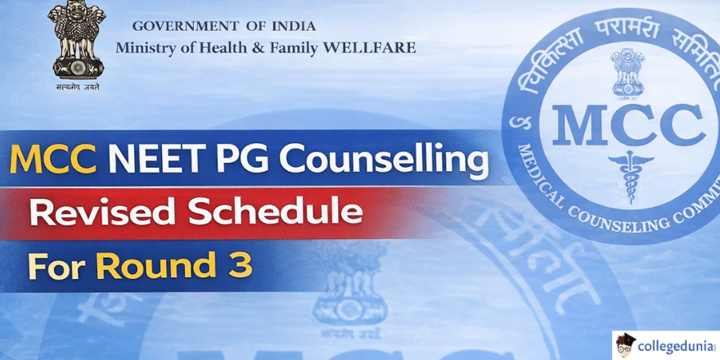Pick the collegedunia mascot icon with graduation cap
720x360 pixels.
pyautogui.click(x=628, y=344)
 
